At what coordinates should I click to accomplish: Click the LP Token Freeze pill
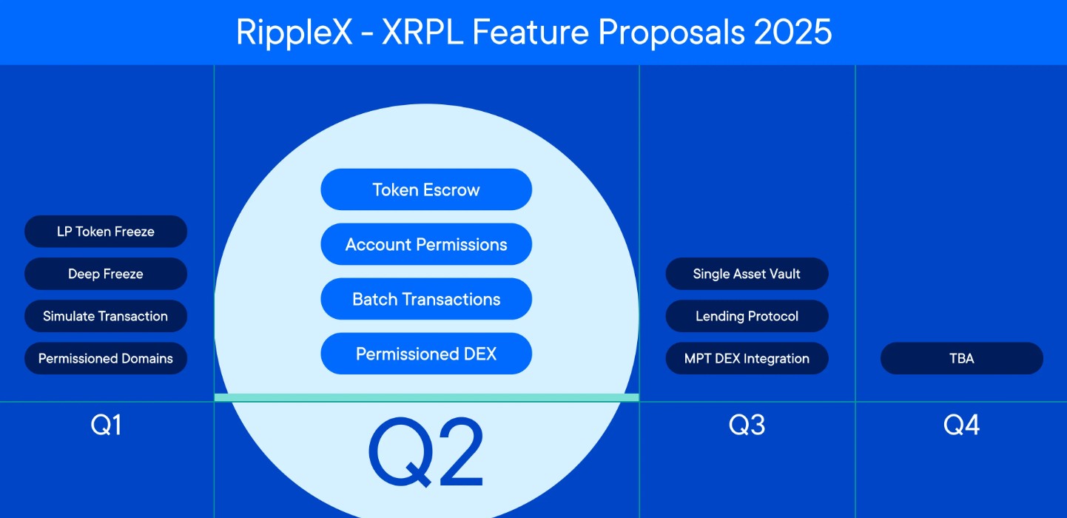point(106,232)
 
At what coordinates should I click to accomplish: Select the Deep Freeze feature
point(106,274)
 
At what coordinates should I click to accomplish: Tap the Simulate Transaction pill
point(106,316)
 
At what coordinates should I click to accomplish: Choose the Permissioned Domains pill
point(106,358)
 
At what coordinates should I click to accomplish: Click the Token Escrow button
point(426,189)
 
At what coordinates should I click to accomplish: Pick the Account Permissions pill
point(426,244)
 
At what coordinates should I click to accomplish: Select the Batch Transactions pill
point(426,299)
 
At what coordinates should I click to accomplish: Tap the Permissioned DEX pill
point(426,354)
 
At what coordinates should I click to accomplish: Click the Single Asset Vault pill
point(747,274)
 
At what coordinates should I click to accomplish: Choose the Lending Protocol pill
point(747,316)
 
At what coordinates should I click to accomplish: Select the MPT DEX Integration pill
point(747,358)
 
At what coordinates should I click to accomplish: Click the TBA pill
point(961,358)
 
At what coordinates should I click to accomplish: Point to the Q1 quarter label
point(106,425)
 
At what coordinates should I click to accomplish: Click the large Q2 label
point(426,453)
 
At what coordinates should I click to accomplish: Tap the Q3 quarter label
point(747,425)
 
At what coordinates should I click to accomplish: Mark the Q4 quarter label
point(961,425)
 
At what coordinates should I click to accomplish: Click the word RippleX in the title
point(294,33)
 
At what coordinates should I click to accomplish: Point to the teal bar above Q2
point(426,397)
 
